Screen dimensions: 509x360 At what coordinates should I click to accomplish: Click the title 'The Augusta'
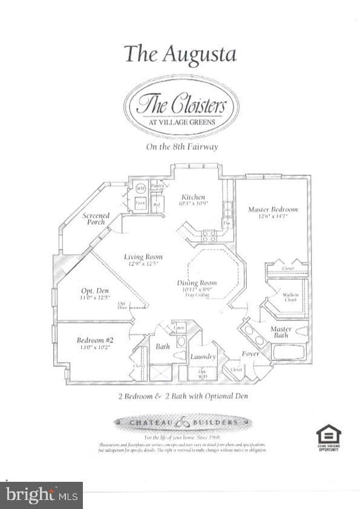180,54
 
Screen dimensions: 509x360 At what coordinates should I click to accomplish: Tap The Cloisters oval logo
181,106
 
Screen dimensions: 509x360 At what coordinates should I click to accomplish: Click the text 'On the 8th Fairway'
181,147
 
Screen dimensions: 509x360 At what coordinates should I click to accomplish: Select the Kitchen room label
194,197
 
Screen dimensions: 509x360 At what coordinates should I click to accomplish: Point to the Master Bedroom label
272,209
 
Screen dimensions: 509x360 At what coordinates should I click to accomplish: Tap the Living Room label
143,257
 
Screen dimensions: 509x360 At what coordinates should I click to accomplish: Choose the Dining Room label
197,283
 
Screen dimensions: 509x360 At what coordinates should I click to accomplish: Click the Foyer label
250,354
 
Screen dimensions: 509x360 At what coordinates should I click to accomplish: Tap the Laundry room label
203,357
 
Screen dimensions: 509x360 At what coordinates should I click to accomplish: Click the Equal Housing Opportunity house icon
329,435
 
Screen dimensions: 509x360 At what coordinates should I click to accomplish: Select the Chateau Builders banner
182,422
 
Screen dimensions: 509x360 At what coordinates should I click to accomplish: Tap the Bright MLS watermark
41,494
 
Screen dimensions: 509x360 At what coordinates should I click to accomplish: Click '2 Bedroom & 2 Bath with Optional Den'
182,397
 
